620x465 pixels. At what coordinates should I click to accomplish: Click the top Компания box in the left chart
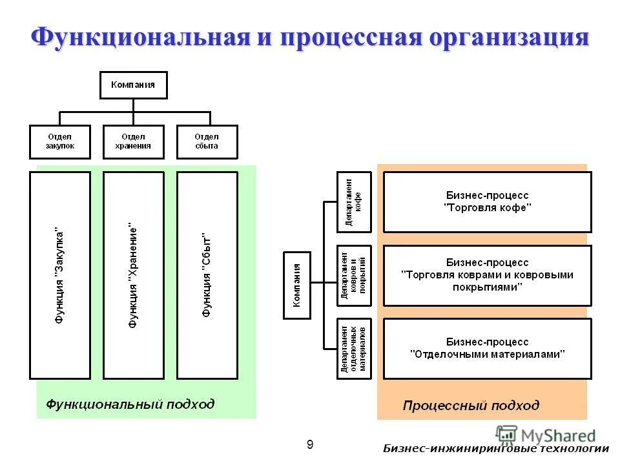[133, 85]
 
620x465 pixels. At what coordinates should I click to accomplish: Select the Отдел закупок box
[60, 141]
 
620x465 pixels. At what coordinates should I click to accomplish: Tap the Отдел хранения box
[133, 141]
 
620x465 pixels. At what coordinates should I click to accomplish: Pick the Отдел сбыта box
[207, 141]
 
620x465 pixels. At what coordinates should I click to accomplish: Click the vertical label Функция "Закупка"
[59, 275]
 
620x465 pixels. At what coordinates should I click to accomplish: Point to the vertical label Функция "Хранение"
[133, 275]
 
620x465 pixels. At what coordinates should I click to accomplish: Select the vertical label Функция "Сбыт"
[207, 275]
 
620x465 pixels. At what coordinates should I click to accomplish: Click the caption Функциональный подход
[130, 404]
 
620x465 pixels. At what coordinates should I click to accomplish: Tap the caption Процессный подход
[471, 406]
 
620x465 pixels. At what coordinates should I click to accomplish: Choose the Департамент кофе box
[354, 201]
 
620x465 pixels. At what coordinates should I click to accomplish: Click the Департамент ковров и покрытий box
[354, 276]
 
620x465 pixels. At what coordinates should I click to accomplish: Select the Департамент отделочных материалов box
[354, 349]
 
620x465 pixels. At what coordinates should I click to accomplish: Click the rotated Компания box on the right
[297, 285]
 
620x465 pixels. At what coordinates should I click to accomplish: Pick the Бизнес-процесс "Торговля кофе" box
[487, 201]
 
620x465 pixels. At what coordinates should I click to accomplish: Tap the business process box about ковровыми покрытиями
[487, 275]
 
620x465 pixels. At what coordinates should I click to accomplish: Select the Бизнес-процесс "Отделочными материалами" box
[487, 348]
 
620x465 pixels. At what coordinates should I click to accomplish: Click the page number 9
[310, 444]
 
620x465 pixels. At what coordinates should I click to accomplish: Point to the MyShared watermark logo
[546, 435]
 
